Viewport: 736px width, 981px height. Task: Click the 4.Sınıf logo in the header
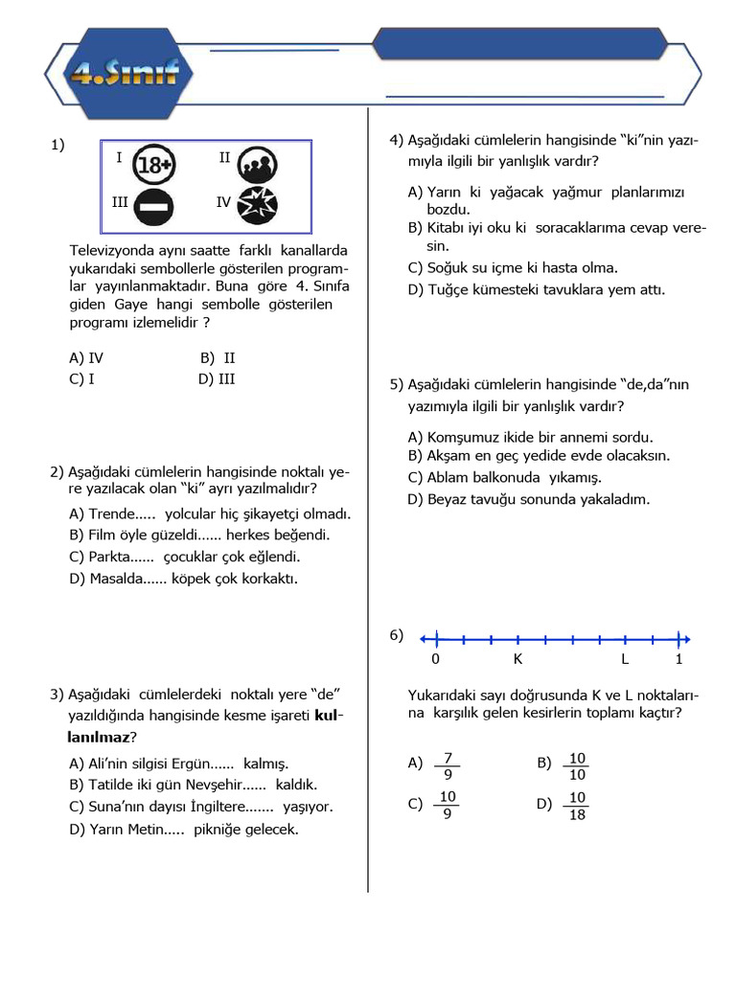click(121, 73)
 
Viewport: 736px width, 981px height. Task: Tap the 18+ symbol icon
click(153, 165)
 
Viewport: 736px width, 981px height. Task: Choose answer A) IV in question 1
click(86, 358)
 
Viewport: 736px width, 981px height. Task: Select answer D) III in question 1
click(217, 378)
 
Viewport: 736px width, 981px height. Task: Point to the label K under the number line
click(517, 659)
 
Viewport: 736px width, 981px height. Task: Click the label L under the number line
click(625, 659)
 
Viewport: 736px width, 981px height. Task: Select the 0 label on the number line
click(436, 659)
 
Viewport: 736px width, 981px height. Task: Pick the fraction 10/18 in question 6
click(577, 806)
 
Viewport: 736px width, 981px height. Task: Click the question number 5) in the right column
click(397, 384)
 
